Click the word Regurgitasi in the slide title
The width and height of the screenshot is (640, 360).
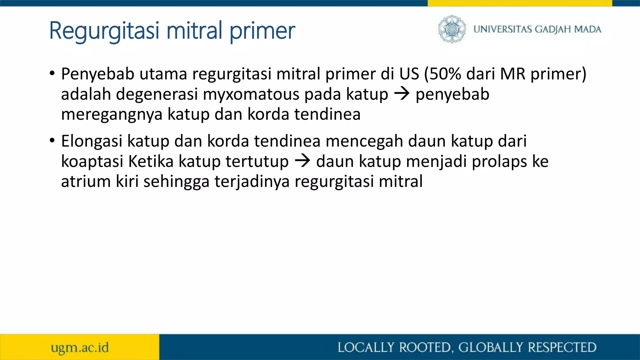pyautogui.click(x=105, y=31)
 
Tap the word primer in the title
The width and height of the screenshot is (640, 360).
pyautogui.click(x=262, y=31)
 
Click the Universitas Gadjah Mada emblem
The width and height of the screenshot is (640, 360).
pyautogui.click(x=452, y=29)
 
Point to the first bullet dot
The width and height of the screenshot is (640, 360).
pyautogui.click(x=52, y=74)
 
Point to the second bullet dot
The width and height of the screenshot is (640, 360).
pyautogui.click(x=52, y=141)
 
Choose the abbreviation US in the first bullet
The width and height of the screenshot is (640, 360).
pyautogui.click(x=409, y=74)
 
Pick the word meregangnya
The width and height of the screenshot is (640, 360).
pyautogui.click(x=112, y=115)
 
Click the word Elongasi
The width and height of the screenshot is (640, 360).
pyautogui.click(x=91, y=141)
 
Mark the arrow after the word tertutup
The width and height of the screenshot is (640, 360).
pyautogui.click(x=302, y=161)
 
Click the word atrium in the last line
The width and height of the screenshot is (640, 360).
pyautogui.click(x=86, y=182)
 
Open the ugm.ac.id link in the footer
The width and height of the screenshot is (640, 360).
pyautogui.click(x=80, y=347)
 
